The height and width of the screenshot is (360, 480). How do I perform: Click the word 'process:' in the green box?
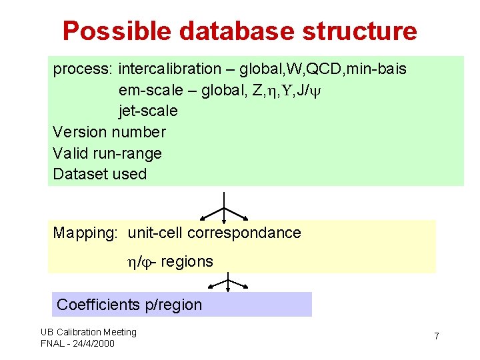[83, 69]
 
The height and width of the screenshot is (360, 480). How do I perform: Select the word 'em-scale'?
[149, 90]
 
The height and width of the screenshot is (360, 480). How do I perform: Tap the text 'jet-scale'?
[148, 111]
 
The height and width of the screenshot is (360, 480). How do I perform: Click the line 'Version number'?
[109, 132]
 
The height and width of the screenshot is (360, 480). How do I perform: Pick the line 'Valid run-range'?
[107, 153]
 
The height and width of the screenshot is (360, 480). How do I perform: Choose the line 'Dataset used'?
[99, 175]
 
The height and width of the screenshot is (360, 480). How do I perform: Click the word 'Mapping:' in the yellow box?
[85, 233]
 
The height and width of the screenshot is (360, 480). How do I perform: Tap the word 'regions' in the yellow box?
[187, 261]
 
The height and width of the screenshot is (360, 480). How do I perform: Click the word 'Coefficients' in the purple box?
[98, 305]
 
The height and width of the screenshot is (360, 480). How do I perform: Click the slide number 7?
[437, 336]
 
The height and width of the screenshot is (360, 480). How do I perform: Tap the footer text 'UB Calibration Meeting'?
[88, 332]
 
